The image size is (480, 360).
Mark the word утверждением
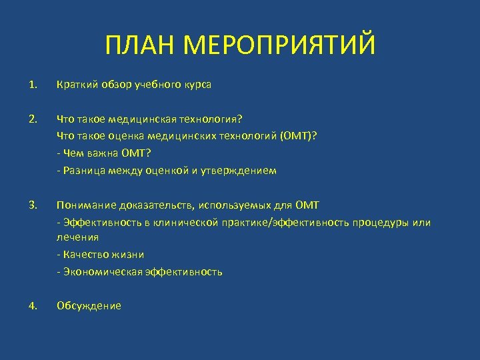click(243, 171)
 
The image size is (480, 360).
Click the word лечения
click(77, 237)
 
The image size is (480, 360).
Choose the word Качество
click(83, 255)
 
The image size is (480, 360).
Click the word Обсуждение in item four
click(89, 306)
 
